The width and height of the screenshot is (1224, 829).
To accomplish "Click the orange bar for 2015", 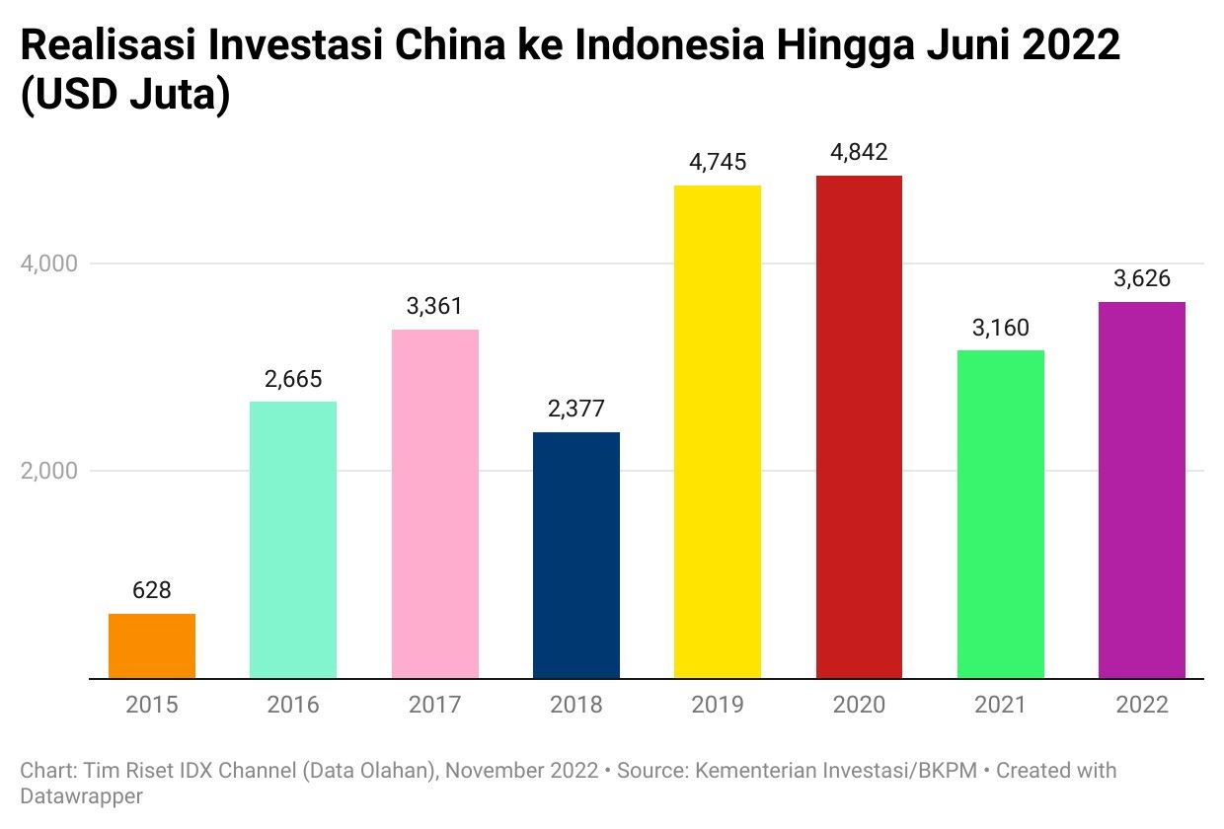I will (152, 645).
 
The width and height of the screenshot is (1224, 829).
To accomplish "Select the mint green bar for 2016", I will (293, 540).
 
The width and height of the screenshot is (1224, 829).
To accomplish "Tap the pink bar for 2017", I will (434, 503).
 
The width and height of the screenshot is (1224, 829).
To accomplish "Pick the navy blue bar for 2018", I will (576, 555).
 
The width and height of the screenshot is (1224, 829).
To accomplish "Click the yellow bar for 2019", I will (718, 431).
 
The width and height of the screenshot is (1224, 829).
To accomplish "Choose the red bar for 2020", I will (859, 426).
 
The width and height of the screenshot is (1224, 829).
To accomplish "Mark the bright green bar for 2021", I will (1000, 514).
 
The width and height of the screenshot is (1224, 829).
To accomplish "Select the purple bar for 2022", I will (1142, 490).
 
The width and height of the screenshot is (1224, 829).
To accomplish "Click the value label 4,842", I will (859, 153).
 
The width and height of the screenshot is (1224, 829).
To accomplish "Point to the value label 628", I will (152, 590).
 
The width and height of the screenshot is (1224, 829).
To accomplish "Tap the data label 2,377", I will (576, 409).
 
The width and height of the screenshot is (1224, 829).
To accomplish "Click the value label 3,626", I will (1142, 279).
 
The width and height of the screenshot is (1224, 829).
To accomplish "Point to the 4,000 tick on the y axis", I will (49, 264).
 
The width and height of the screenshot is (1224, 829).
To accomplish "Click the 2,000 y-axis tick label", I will (49, 471).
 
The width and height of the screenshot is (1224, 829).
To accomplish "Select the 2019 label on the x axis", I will (718, 705).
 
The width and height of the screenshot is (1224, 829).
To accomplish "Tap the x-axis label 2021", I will (1000, 705).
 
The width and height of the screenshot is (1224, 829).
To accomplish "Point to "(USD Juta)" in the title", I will (124, 96).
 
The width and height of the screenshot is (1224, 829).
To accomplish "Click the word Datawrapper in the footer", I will (81, 795).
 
